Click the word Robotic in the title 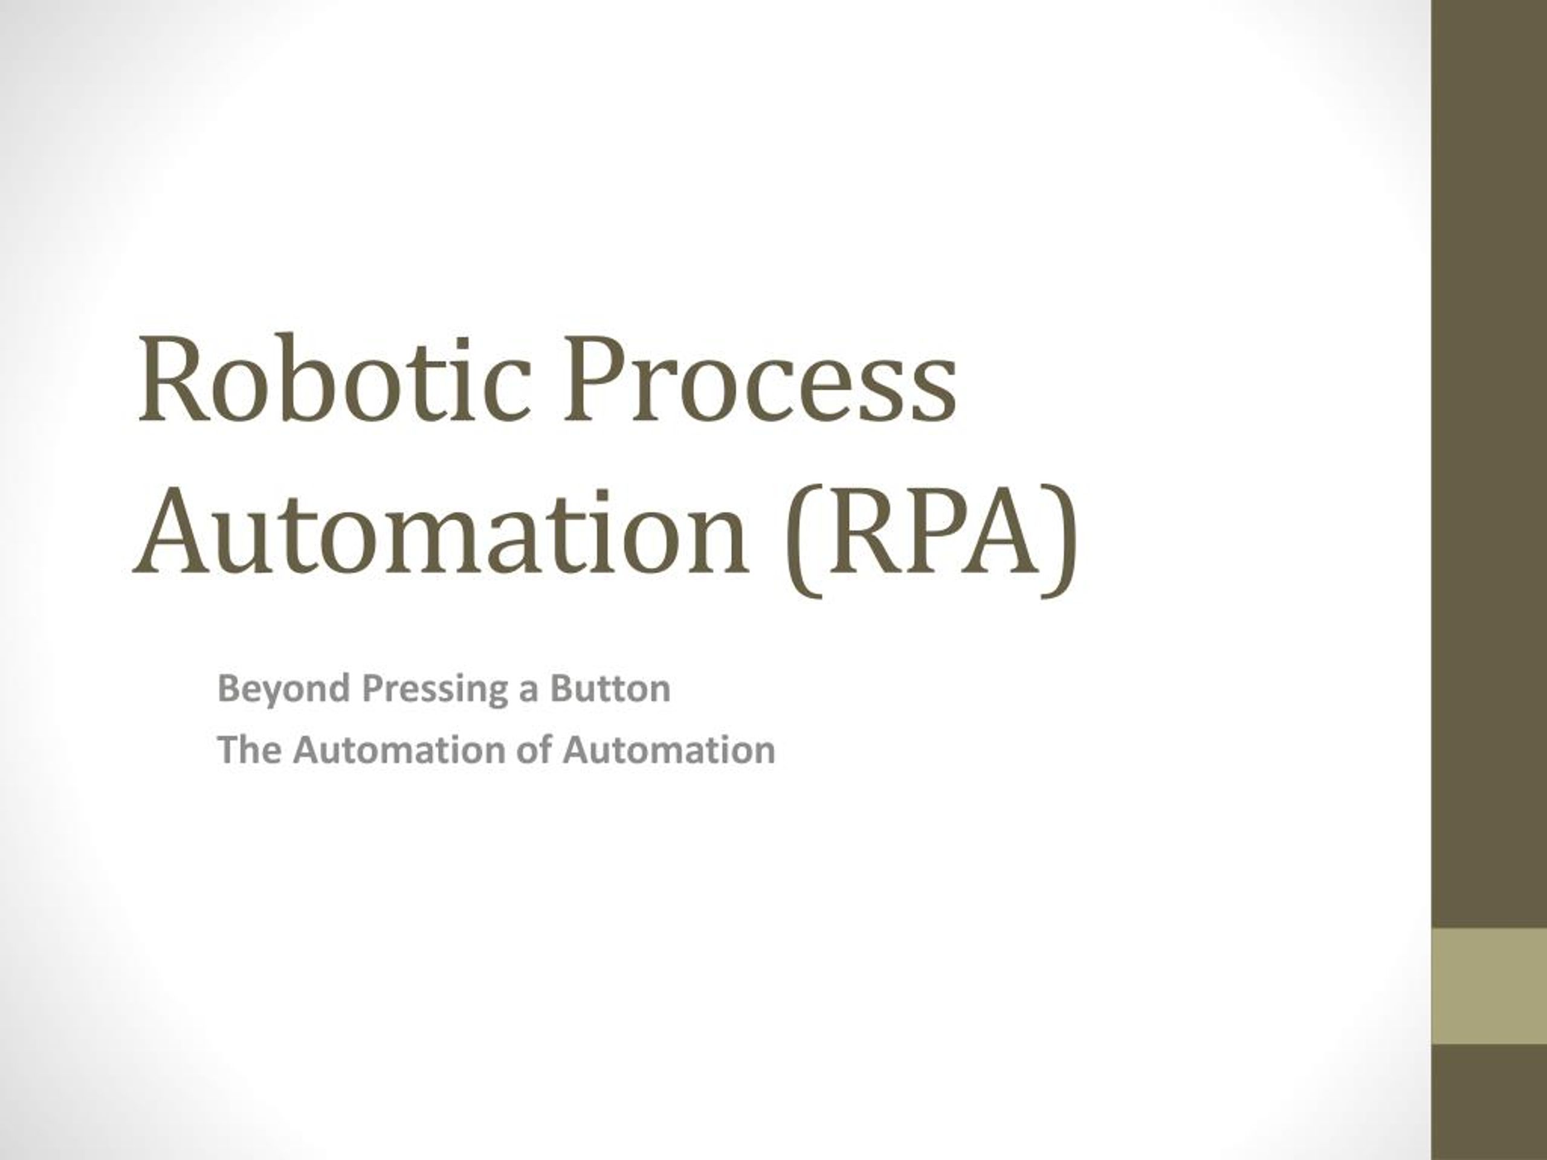[x=332, y=381]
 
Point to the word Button [x=610, y=688]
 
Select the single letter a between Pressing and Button [x=528, y=692]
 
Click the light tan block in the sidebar [x=1489, y=985]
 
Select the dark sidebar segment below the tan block [x=1489, y=1101]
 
